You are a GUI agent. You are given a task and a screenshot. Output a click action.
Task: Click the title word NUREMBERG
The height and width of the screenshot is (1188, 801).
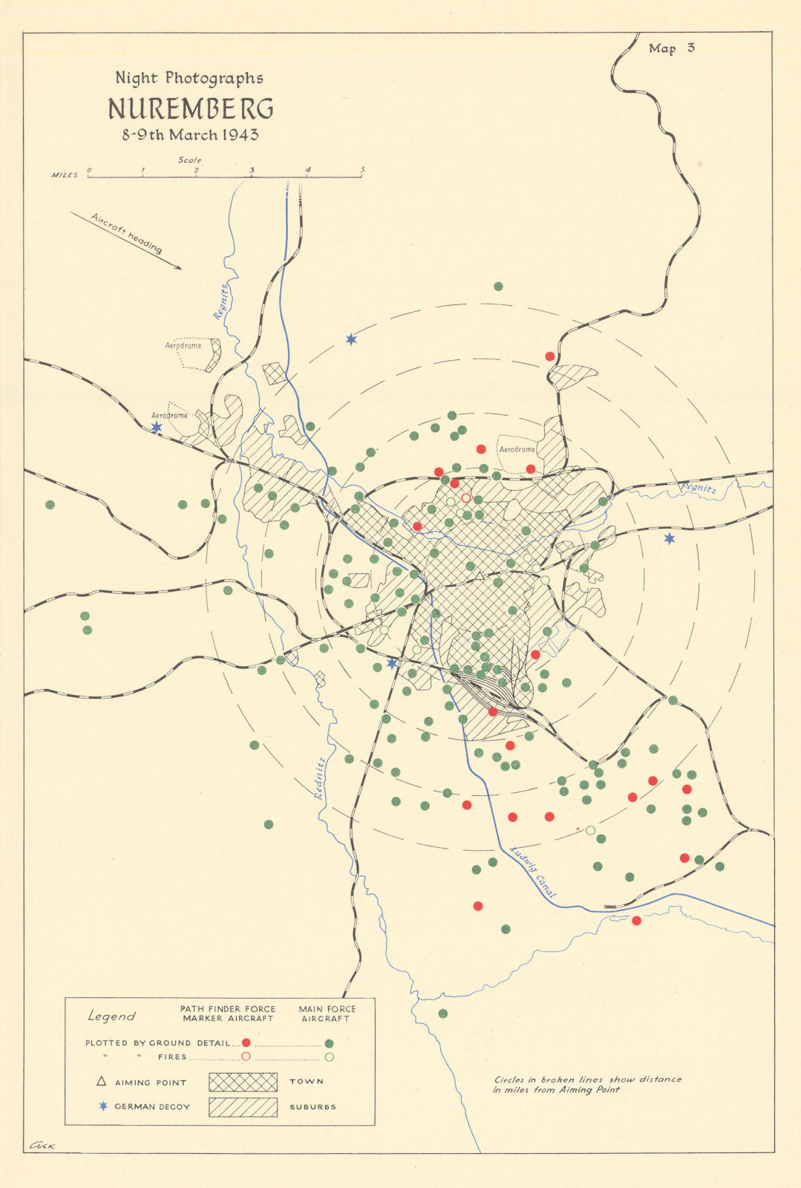pos(190,109)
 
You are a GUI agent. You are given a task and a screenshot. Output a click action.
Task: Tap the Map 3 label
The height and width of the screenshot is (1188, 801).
pos(671,48)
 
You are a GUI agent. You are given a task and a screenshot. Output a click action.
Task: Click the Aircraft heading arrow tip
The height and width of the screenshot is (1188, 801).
pos(180,268)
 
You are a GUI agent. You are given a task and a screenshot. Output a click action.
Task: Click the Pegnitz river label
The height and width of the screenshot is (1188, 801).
pos(698,489)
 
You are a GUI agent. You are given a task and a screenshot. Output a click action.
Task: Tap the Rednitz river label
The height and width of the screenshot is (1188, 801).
pos(319,778)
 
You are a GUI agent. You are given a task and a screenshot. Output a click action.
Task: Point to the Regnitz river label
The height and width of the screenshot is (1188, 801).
pos(220,299)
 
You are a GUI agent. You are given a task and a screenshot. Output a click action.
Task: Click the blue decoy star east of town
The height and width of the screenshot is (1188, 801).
pos(669,538)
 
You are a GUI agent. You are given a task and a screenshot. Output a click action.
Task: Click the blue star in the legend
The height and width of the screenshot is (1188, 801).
pos(103,1106)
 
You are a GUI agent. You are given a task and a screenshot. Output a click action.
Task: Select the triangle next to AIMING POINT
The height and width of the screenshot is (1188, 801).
pos(102,1082)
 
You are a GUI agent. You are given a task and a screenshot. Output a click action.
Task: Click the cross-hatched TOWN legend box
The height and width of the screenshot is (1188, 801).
pos(243,1082)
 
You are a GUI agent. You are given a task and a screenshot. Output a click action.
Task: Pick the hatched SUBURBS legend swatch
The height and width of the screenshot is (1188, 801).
pos(243,1107)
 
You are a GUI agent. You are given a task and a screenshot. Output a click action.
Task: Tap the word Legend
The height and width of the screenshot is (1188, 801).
pos(112,1016)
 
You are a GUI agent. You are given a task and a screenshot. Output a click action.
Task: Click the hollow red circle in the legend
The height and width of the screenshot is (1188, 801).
pos(246,1057)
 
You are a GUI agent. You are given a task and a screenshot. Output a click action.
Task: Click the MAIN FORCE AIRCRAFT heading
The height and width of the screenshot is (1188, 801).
pos(327,1014)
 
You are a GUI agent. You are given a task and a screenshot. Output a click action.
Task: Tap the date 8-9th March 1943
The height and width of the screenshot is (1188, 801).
pos(190,135)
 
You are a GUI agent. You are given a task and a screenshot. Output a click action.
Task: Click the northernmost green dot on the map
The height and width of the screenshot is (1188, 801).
pos(498,287)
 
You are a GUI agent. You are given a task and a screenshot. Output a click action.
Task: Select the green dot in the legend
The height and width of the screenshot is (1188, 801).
pos(329,1043)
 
